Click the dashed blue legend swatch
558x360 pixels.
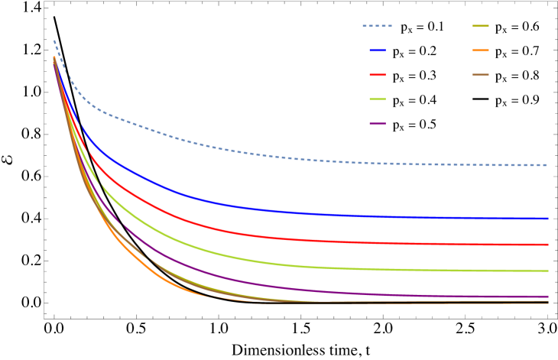377,26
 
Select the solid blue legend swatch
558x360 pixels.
378,50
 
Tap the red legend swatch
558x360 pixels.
378,75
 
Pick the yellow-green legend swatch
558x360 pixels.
378,99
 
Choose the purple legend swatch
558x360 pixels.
378,124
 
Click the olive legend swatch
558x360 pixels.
480,26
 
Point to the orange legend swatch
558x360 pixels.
480,50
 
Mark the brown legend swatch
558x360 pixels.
480,75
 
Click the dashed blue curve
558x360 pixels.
229,150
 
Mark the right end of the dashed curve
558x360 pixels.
547,165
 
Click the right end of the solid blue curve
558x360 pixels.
547,219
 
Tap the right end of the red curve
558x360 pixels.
547,245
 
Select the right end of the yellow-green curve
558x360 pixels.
547,271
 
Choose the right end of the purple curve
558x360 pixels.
547,297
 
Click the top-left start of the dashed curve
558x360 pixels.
54,41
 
